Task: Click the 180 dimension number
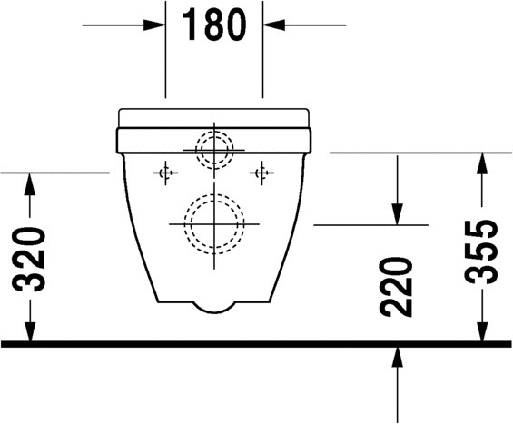(x=214, y=25)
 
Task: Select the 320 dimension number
(x=28, y=259)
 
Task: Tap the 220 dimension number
(x=395, y=287)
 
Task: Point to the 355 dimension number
(x=480, y=251)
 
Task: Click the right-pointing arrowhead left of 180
(x=153, y=25)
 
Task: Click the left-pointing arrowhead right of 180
(x=274, y=25)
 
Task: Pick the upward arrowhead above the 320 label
(x=30, y=184)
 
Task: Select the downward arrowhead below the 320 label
(x=30, y=331)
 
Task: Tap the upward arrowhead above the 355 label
(x=482, y=163)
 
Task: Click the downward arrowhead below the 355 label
(x=482, y=331)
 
